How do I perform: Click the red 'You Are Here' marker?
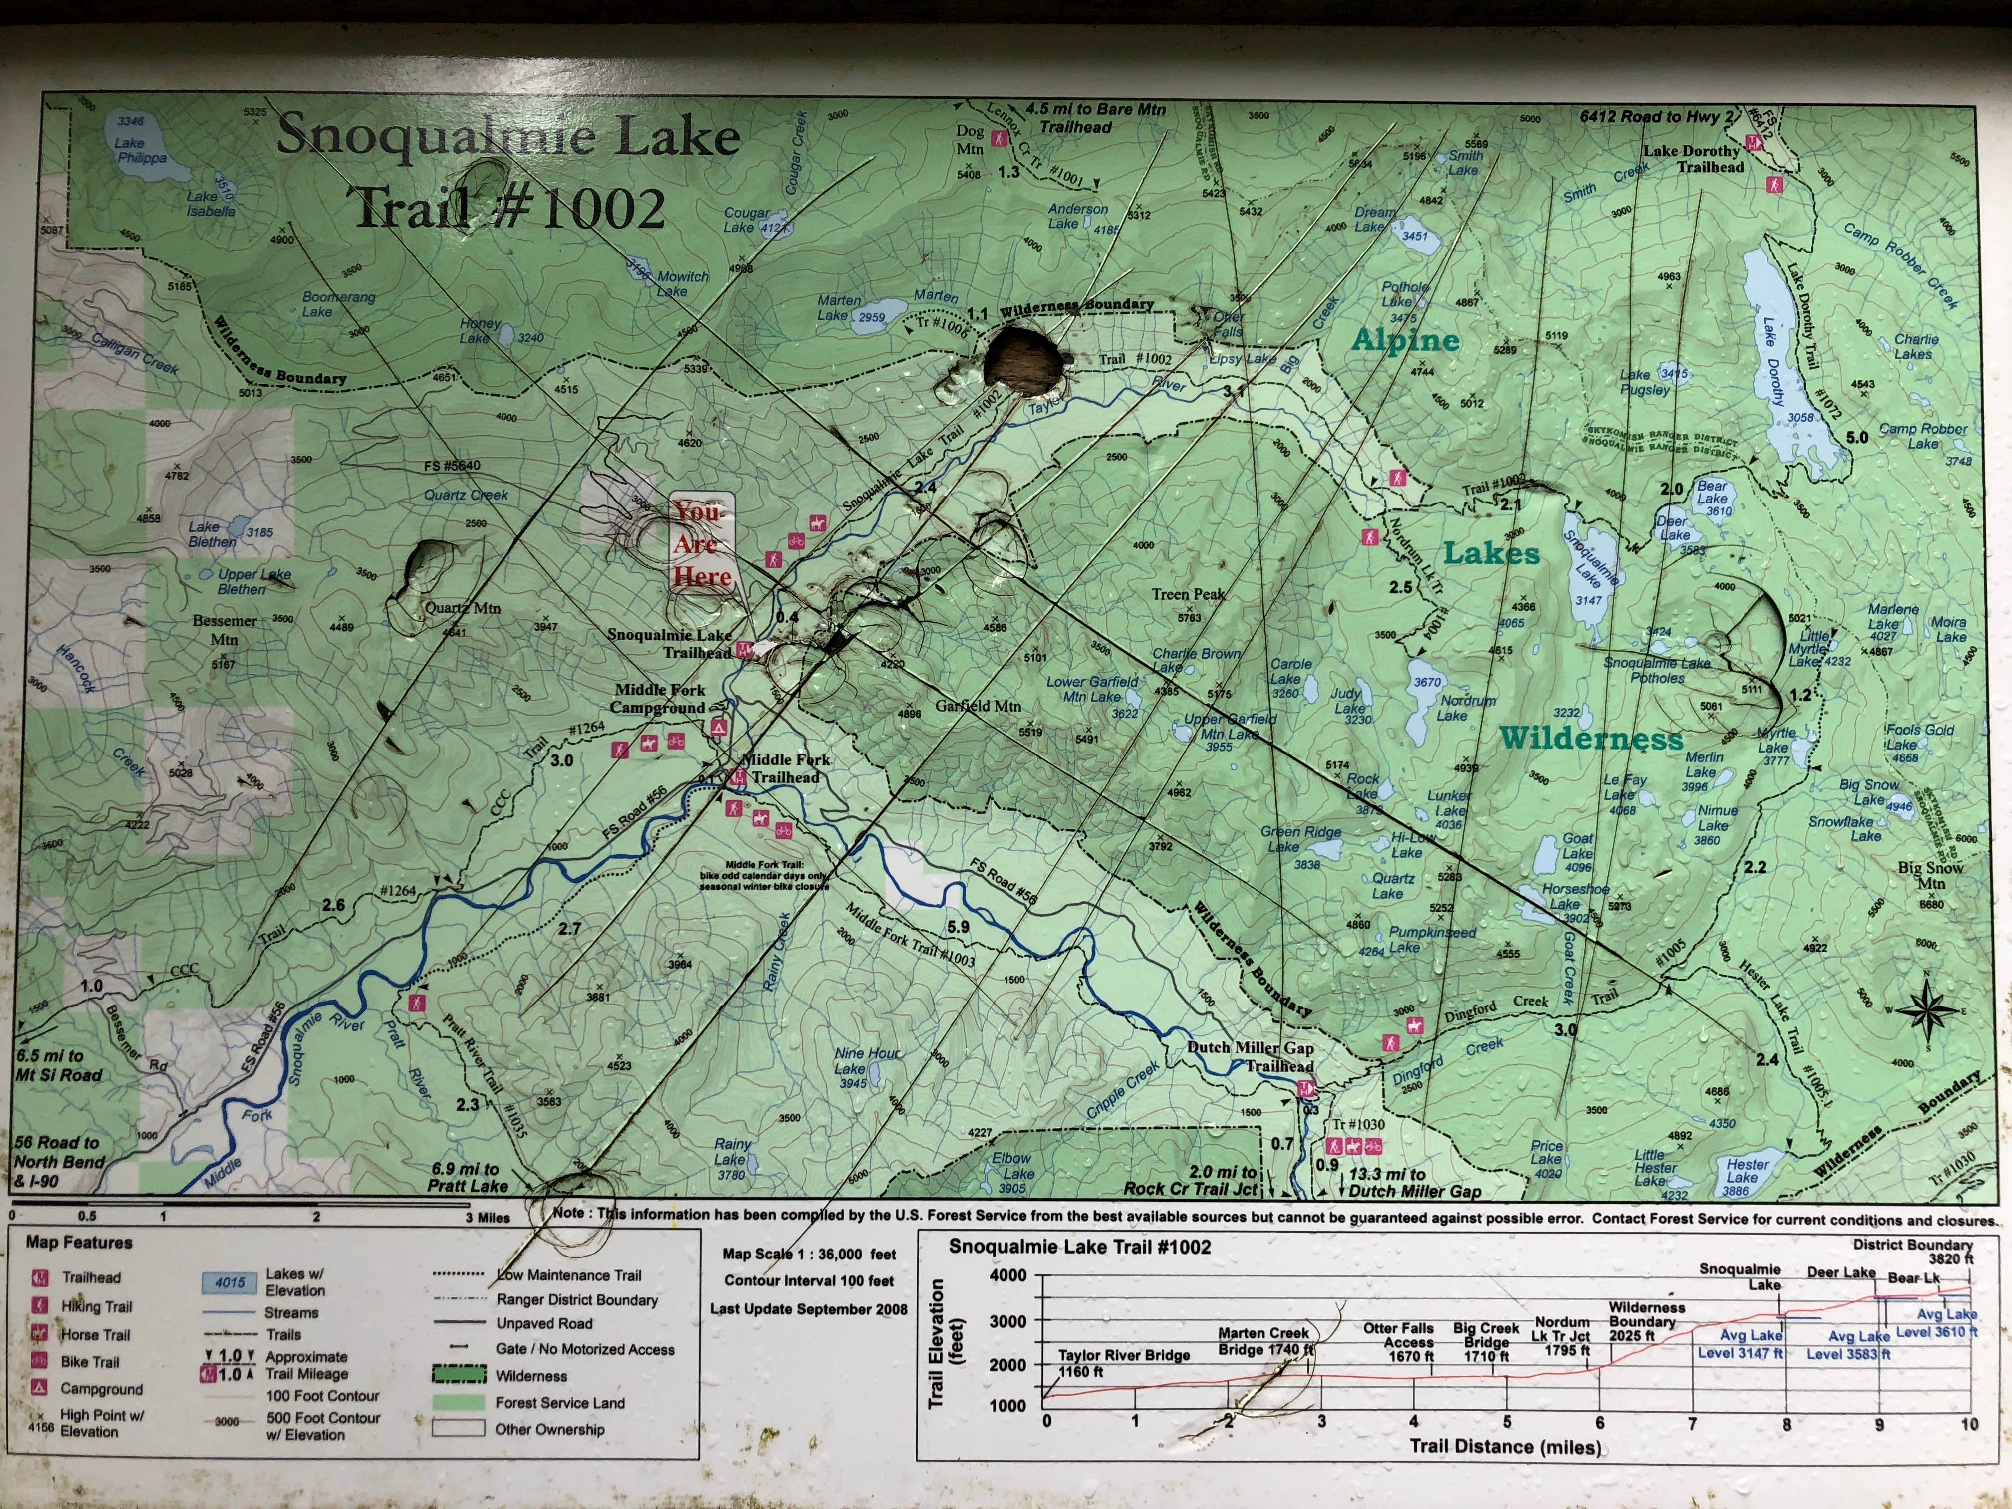click(x=701, y=544)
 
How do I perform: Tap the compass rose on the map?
click(x=1927, y=1009)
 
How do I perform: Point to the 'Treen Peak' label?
click(x=1188, y=595)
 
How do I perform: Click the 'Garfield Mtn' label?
click(x=978, y=706)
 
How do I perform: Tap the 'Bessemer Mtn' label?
click(x=224, y=629)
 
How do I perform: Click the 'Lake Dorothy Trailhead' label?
click(x=1691, y=159)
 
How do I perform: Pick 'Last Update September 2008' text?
click(x=808, y=1309)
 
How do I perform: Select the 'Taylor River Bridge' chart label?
click(x=1123, y=1355)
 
